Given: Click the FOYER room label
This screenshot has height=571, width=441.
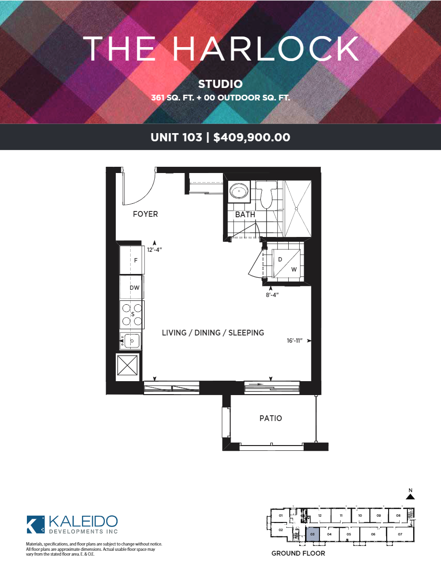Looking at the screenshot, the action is pos(145,214).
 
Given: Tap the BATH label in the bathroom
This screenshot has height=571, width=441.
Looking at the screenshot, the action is pos(245,214).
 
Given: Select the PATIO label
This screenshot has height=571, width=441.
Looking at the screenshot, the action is pos(271,418).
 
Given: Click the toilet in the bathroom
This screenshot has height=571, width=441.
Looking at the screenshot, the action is pos(266,195).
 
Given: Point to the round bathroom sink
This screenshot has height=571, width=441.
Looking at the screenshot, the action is pos(239,191).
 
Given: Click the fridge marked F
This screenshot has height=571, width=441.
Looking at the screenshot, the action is pos(132,260).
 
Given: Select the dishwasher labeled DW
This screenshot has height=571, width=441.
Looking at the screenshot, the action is pos(132,288).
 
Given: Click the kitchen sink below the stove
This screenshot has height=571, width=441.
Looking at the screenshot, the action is pos(130,341).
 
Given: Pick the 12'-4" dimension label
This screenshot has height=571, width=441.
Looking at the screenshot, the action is pos(154,250).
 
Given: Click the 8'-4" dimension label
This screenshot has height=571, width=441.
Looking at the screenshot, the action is pos(272,295).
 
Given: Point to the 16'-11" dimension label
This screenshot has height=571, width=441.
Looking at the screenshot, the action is pos(294,340).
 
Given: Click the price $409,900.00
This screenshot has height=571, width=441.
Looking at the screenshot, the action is pos(252,137).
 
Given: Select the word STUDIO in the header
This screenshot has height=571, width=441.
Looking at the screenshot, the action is pos(220,84).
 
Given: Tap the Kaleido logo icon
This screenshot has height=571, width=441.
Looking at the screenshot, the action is pos(36,524).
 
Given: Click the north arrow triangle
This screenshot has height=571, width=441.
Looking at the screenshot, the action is pos(410,497).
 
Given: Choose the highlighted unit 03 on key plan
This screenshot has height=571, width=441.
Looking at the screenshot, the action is pos(312,534).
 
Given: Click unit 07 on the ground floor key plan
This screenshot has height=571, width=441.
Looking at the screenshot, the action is pos(400,534).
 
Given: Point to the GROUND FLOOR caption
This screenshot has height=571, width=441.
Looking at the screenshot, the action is pos(298,553).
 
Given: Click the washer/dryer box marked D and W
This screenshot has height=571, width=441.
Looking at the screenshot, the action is pos(286,264).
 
